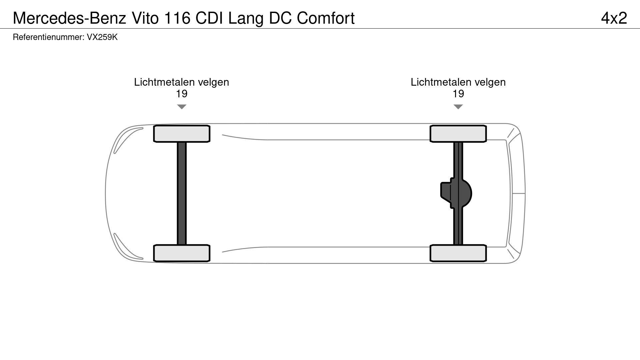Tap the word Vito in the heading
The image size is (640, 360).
[x=145, y=18]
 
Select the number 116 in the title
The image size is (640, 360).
[x=177, y=18]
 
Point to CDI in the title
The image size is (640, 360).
[x=209, y=18]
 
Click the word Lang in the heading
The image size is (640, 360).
[x=246, y=18]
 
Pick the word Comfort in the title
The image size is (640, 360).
[x=326, y=18]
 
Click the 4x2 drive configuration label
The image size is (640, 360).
[x=614, y=18]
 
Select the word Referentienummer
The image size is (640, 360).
[x=48, y=37]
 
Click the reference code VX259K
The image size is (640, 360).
[x=102, y=37]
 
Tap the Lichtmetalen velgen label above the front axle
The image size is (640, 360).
[x=181, y=82]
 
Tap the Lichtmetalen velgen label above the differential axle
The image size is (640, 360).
[x=458, y=82]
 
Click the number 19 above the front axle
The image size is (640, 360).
[x=181, y=94]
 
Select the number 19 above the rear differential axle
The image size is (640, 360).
[x=458, y=94]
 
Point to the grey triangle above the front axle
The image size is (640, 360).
[x=181, y=107]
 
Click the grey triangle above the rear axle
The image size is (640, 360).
[x=458, y=107]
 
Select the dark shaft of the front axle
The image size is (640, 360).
[x=181, y=193]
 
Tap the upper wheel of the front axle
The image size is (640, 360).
[x=181, y=134]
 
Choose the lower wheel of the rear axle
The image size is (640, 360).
[x=458, y=253]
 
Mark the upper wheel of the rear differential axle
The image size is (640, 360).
[x=458, y=134]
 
